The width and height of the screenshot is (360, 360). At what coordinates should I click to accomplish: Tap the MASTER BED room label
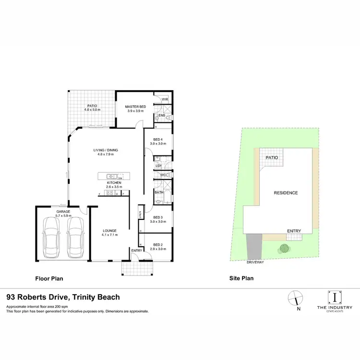(x=135, y=107)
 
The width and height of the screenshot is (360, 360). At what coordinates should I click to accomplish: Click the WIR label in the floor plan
(x=165, y=99)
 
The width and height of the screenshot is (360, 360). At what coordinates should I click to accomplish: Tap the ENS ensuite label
(x=162, y=116)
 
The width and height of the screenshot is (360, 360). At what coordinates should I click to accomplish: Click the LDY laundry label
(x=158, y=166)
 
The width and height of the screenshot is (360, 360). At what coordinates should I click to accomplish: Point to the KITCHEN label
(x=114, y=183)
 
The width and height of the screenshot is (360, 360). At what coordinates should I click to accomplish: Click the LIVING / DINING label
(x=106, y=150)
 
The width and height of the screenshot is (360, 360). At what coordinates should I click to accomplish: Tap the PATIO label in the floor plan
(x=92, y=107)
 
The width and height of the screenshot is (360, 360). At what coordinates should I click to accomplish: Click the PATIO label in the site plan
(x=272, y=156)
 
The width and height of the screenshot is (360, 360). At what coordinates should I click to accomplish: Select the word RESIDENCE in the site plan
(x=286, y=193)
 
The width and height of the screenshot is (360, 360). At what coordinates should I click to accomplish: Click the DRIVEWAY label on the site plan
(x=255, y=263)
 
